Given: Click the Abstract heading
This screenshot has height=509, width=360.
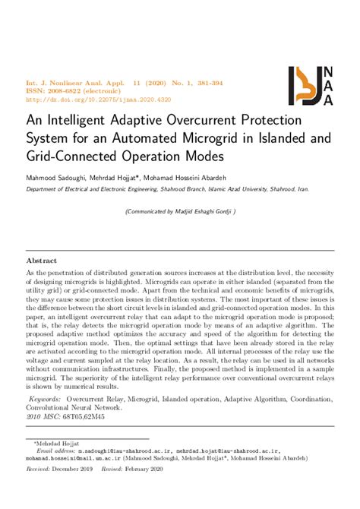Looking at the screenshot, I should pyautogui.click(x=47, y=260).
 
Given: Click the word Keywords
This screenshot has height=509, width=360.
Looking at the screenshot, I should pyautogui.click(x=45, y=398).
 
